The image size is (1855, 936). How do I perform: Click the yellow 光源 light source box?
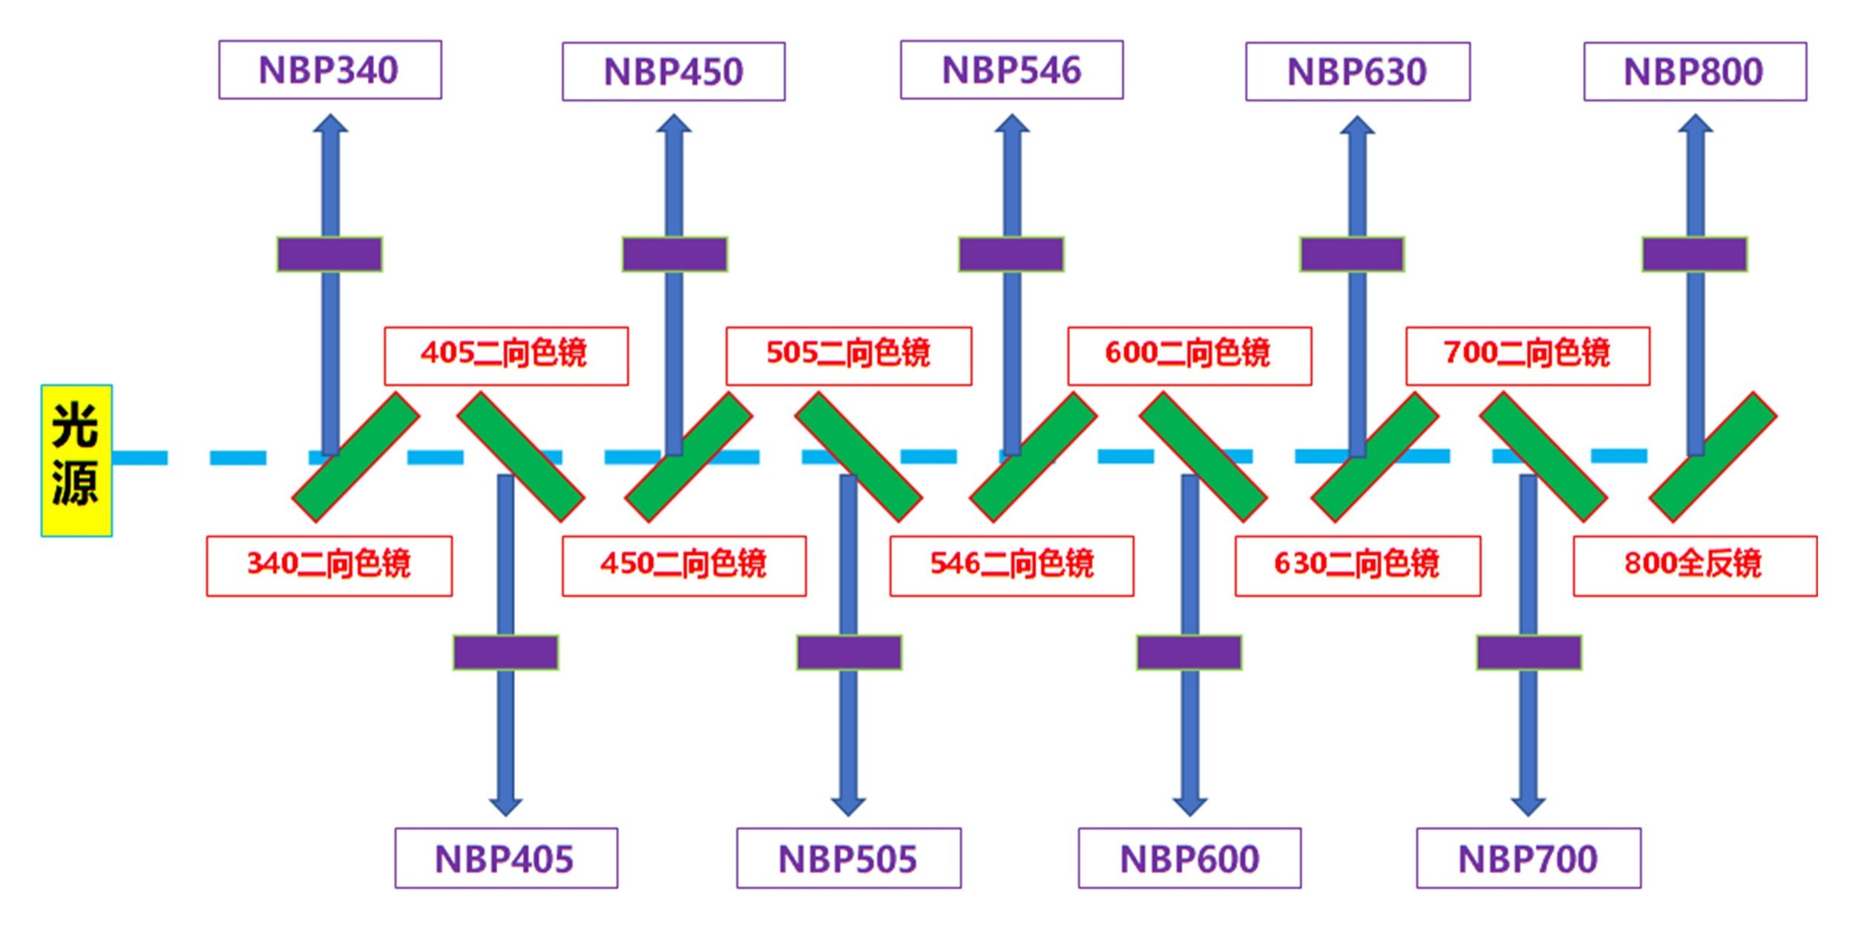point(76,460)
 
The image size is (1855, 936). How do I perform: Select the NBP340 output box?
point(329,71)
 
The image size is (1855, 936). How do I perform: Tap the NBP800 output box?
point(1695,72)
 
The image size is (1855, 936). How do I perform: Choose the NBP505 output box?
point(848,859)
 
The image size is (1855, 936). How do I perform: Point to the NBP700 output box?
point(1529,859)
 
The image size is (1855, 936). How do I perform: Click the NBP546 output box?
point(1011,71)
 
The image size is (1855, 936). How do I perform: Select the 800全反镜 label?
point(1695,565)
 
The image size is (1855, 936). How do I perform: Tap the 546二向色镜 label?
point(1011,565)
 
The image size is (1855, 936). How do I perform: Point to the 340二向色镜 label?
point(329,565)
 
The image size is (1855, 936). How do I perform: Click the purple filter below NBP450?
point(674,255)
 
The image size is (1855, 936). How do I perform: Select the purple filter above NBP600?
point(1189,652)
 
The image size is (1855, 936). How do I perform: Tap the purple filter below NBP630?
point(1352,255)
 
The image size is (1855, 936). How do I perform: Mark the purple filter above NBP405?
point(506,652)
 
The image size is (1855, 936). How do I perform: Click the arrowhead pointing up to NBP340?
point(330,124)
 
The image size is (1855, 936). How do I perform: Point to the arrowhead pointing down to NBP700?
point(1528,805)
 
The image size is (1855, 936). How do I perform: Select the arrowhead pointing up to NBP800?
point(1695,124)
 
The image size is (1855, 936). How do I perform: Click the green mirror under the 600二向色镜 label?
point(1203,457)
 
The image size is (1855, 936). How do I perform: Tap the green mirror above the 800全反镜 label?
point(1713,457)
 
